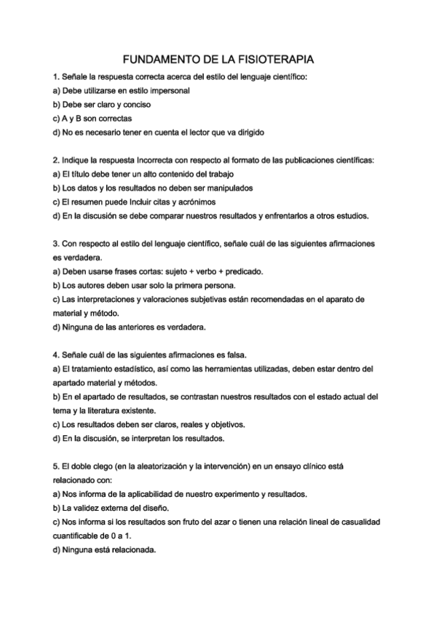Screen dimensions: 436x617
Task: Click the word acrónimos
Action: [195, 202]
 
